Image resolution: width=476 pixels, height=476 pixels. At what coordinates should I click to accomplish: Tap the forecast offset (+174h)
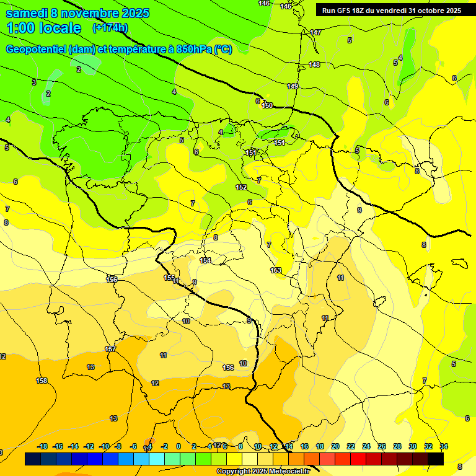(x=110, y=28)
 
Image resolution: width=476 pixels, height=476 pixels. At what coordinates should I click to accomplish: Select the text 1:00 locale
(x=44, y=28)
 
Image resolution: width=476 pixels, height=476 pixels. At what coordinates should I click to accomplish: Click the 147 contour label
(x=315, y=32)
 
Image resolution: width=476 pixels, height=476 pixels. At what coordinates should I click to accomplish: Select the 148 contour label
(x=314, y=64)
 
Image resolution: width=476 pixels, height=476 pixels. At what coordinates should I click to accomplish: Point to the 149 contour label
(x=293, y=86)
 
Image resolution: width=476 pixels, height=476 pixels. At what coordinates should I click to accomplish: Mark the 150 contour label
(x=267, y=105)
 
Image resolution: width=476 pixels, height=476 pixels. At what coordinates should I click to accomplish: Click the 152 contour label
(x=241, y=187)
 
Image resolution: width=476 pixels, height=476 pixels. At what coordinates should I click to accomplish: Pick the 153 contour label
(x=276, y=270)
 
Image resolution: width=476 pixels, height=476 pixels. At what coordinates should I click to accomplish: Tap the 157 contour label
(x=110, y=349)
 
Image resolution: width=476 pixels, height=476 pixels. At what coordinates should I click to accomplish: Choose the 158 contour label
(x=42, y=381)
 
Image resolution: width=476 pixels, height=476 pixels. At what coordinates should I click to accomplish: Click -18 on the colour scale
(x=43, y=446)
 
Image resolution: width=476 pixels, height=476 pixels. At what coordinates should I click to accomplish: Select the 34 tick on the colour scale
(x=444, y=446)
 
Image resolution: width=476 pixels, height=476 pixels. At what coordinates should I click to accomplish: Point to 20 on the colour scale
(x=335, y=446)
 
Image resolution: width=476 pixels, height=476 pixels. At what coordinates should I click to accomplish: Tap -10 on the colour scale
(x=104, y=446)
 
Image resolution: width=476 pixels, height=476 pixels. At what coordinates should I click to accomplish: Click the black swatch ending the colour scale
(x=435, y=459)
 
